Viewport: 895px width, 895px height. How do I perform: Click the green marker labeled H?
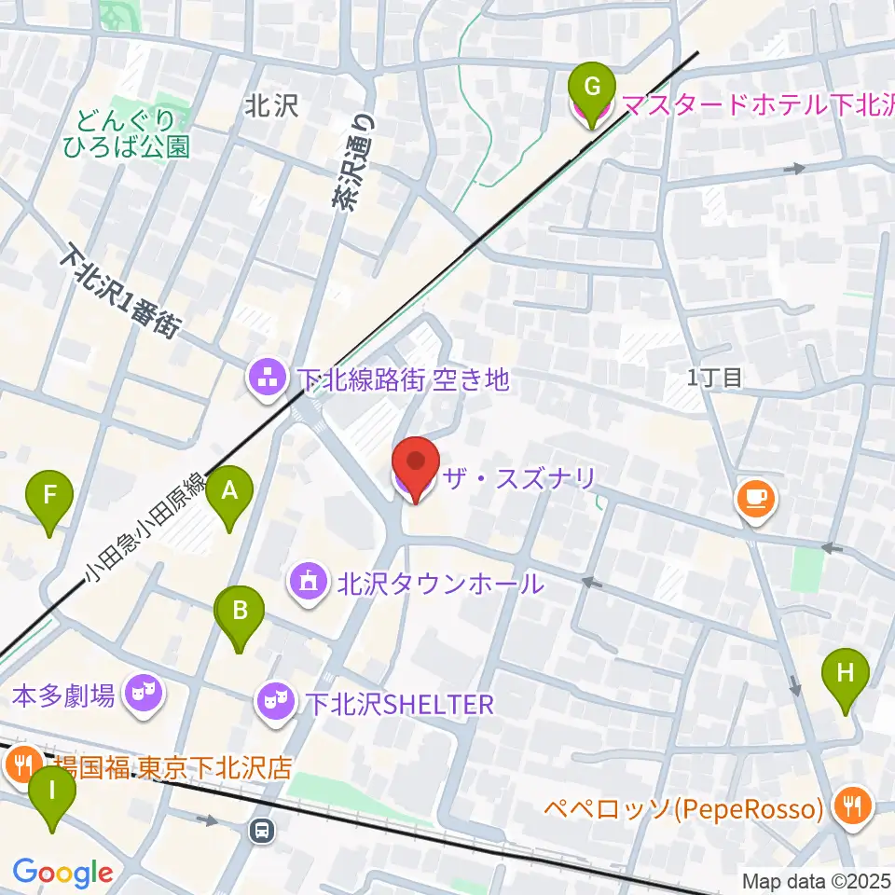pos(846,674)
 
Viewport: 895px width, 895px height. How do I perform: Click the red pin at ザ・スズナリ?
pos(415,463)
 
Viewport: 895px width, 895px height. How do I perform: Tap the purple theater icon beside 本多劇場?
pos(142,693)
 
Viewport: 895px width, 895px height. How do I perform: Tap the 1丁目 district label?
pos(714,378)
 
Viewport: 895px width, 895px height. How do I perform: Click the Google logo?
pos(62,873)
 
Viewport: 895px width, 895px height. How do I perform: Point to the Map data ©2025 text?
pos(816,881)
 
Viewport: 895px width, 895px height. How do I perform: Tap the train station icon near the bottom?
pos(263,829)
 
